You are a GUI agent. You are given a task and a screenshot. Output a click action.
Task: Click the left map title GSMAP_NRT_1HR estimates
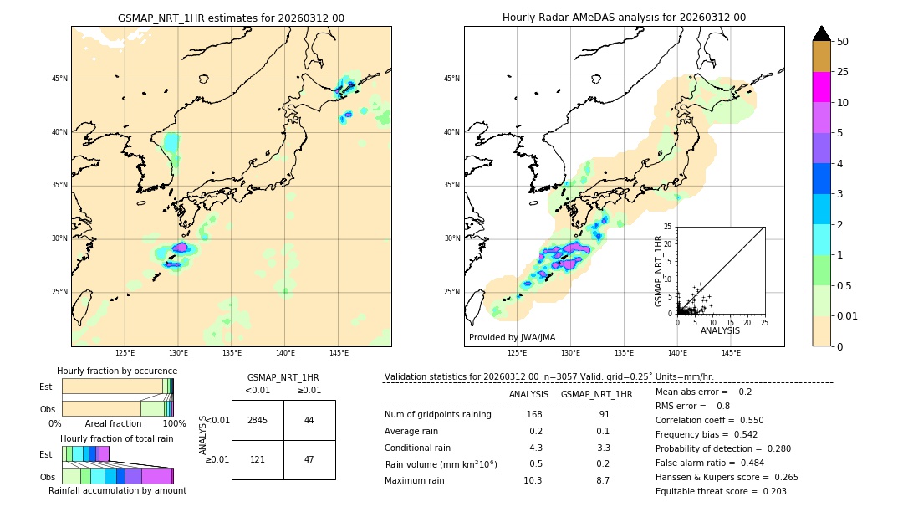pyautogui.click(x=231, y=18)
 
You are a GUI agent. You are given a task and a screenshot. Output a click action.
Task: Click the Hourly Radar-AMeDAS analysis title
pyautogui.click(x=624, y=18)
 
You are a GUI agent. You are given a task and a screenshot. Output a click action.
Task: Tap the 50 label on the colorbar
pyautogui.click(x=843, y=42)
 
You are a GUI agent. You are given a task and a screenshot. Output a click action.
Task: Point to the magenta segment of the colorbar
pyautogui.click(x=822, y=87)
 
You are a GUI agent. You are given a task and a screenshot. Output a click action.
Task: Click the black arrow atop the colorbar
pyautogui.click(x=822, y=33)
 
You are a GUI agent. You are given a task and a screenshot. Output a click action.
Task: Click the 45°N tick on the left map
pyautogui.click(x=59, y=79)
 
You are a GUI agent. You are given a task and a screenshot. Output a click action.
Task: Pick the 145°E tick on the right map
pyautogui.click(x=731, y=353)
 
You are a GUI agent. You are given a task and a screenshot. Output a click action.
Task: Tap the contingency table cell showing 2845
pyautogui.click(x=258, y=420)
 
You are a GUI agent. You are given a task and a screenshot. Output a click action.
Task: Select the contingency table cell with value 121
pyautogui.click(x=258, y=459)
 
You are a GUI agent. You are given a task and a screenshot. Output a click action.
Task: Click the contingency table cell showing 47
pyautogui.click(x=309, y=459)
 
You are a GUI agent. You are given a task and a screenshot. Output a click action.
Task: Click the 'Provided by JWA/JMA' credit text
pyautogui.click(x=512, y=337)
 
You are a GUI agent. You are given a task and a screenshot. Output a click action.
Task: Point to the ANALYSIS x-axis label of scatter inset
pyautogui.click(x=720, y=330)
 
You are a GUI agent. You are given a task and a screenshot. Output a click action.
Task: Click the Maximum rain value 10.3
pyautogui.click(x=533, y=480)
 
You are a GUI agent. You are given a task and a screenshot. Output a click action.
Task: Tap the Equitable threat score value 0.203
pyautogui.click(x=770, y=491)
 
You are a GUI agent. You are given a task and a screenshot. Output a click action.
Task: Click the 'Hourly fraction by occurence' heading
pyautogui.click(x=117, y=371)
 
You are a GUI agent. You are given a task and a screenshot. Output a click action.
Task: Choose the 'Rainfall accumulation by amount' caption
pyautogui.click(x=117, y=490)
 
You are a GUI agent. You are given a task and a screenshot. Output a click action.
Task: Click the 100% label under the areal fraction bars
pyautogui.click(x=174, y=423)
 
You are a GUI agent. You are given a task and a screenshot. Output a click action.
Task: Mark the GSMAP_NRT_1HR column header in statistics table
pyautogui.click(x=596, y=394)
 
